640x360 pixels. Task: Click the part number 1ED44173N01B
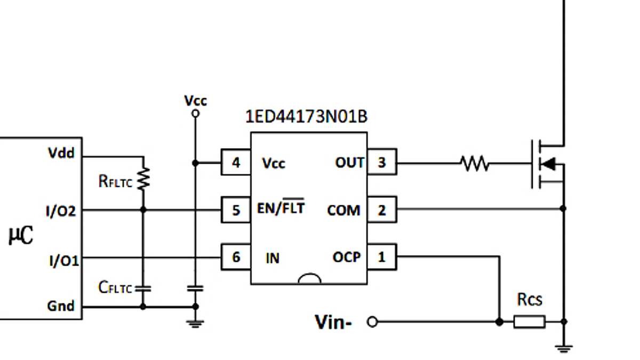point(306,117)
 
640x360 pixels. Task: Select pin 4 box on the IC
point(236,163)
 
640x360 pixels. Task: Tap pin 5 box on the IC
point(236,210)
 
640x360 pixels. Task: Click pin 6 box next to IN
point(236,258)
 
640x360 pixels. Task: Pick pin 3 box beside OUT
point(382,163)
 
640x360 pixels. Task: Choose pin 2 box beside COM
point(382,210)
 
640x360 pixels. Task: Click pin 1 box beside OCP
point(382,258)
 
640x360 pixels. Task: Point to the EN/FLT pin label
point(281,207)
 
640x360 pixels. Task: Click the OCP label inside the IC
point(347,258)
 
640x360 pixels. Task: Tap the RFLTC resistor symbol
point(143,179)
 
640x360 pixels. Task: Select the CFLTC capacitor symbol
point(143,289)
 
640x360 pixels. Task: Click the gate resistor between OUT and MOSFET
point(475,163)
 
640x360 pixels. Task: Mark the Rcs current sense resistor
point(529,322)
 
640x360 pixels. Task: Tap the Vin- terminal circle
point(373,322)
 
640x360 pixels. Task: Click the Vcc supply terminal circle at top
point(195,113)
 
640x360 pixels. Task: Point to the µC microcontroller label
point(21,235)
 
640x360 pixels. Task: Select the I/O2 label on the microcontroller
point(62,212)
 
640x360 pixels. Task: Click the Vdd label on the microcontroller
point(61,154)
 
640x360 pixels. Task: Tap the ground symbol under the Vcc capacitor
point(196,322)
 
